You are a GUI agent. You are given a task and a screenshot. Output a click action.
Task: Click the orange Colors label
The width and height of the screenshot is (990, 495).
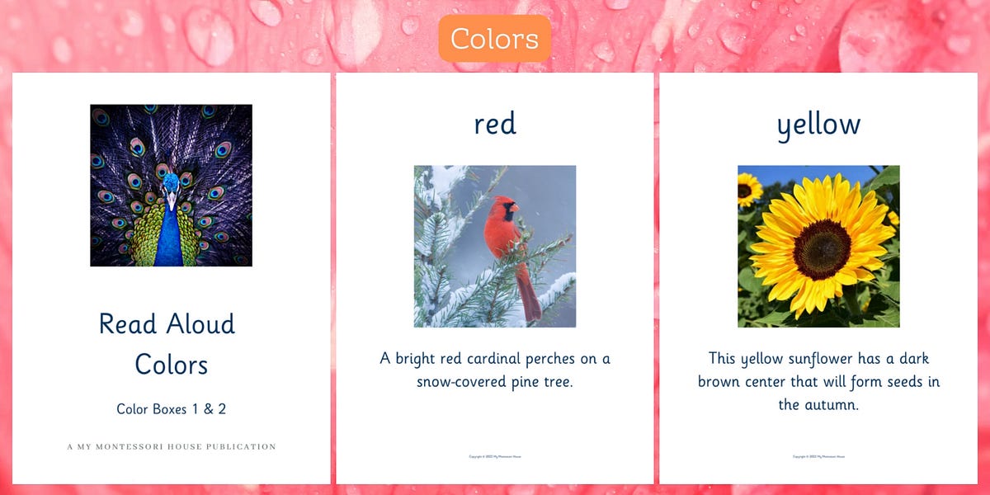pyautogui.click(x=494, y=39)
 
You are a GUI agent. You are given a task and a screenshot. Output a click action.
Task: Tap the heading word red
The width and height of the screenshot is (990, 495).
pyautogui.click(x=495, y=124)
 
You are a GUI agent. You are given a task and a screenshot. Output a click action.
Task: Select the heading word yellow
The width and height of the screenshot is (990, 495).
pyautogui.click(x=818, y=125)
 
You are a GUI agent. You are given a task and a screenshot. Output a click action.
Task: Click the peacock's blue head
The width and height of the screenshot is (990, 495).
pyautogui.click(x=171, y=183)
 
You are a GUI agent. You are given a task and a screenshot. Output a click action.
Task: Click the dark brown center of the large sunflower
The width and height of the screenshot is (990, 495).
pyautogui.click(x=822, y=249)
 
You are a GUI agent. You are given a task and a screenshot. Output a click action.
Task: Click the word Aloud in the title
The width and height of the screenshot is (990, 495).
pyautogui.click(x=200, y=323)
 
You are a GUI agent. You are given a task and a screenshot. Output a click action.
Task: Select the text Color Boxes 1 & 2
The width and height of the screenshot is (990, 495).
pyautogui.click(x=171, y=408)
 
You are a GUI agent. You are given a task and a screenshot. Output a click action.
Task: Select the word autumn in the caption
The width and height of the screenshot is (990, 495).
pyautogui.click(x=829, y=405)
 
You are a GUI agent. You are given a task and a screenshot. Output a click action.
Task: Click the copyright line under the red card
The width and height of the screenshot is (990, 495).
pyautogui.click(x=495, y=456)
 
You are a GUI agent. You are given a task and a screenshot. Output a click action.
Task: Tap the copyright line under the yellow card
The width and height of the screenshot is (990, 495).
pyautogui.click(x=818, y=456)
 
